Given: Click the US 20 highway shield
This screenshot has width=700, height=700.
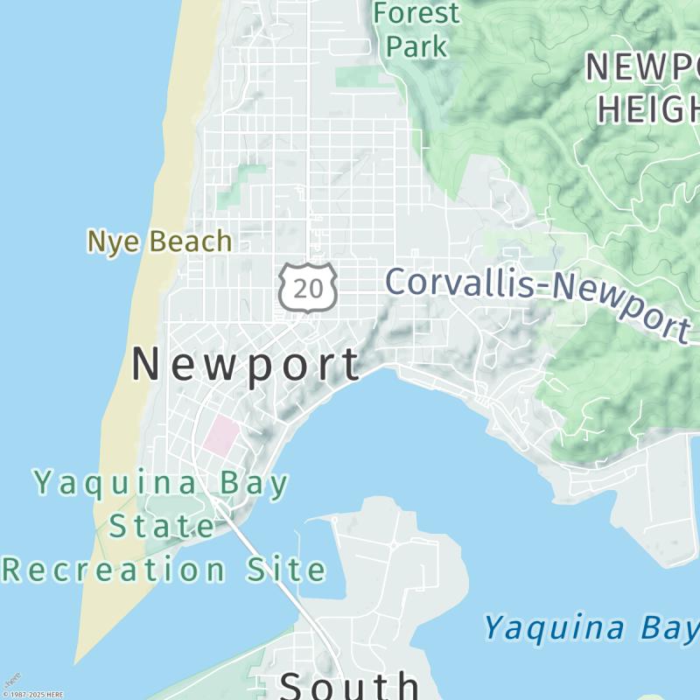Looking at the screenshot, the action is pos(308,284).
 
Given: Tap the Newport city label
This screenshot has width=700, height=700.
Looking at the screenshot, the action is pos(246,364).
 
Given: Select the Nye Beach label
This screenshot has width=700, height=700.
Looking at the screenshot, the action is pos(159,241).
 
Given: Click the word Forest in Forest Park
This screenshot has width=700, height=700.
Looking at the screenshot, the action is pos(416,13).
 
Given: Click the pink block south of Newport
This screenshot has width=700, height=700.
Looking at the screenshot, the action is pos(221,435).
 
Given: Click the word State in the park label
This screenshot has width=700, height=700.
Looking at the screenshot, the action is pos(162,527).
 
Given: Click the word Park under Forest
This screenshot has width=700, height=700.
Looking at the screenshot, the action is pos(416,46).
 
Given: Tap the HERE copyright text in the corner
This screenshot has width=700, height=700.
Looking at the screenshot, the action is pos(33,695).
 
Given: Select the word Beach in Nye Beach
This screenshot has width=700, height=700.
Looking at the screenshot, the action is pos(189,241).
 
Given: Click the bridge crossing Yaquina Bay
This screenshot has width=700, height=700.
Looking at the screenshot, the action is pos(278,577).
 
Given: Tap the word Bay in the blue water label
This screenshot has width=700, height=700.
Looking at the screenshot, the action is pos(668,627).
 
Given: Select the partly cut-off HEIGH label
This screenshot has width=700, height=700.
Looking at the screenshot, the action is pos(647,108).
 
